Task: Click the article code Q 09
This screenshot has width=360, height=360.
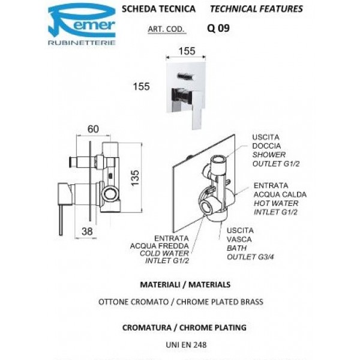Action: [x=218, y=28]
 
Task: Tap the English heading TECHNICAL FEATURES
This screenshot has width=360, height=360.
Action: [x=256, y=10]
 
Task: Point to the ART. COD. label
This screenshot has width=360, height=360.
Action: [x=166, y=28]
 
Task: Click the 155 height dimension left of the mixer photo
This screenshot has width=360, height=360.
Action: [x=141, y=86]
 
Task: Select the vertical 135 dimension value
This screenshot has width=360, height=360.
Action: [x=136, y=176]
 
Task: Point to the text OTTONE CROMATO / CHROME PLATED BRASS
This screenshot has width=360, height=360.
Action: [x=180, y=302]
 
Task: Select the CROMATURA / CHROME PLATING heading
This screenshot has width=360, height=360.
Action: [x=180, y=328]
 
